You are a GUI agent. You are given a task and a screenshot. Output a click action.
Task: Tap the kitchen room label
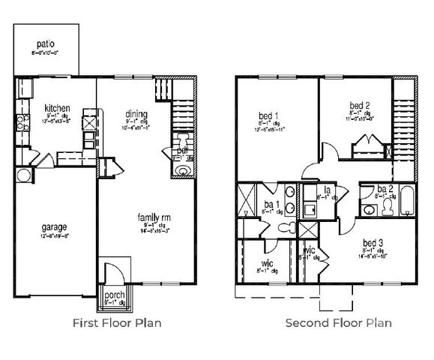(57, 106)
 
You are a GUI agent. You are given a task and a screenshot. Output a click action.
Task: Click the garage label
(54, 226)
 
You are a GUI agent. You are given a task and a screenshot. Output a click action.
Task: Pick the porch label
(114, 295)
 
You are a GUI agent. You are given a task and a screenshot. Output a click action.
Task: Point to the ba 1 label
(272, 204)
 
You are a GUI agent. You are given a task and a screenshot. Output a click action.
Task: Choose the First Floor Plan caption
(116, 323)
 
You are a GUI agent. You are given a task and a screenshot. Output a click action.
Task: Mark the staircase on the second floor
(404, 120)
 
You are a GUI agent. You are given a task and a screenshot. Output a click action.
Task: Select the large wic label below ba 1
(266, 263)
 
